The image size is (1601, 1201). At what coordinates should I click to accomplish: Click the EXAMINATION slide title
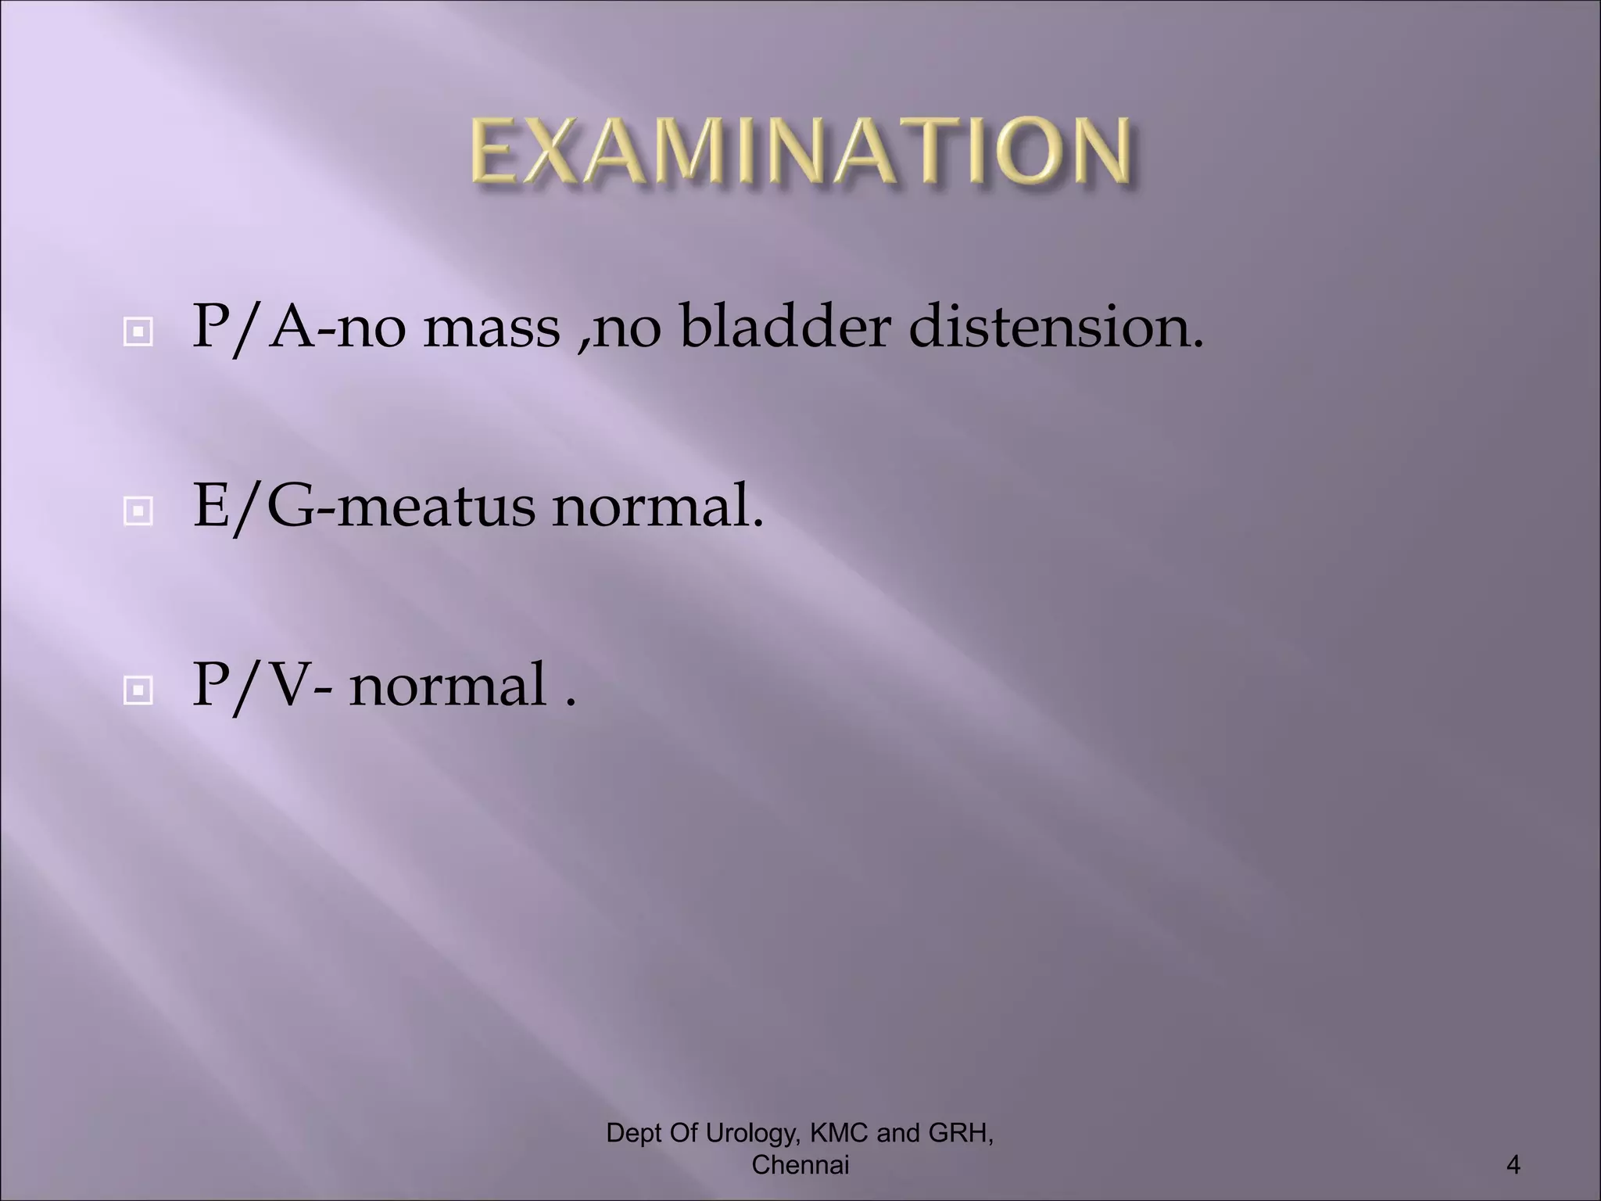click(800, 150)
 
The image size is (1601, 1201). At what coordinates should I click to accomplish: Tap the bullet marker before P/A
click(138, 333)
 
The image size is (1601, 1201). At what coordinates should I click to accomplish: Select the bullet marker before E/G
click(138, 512)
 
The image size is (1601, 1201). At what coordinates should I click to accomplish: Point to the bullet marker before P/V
click(138, 690)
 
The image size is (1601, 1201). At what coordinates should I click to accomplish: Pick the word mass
click(492, 327)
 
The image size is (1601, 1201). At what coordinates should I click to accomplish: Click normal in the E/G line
click(656, 507)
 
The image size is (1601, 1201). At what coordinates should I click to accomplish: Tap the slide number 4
click(1513, 1166)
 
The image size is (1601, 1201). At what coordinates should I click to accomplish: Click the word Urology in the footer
click(751, 1133)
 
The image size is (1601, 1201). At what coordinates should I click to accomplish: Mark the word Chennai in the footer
click(800, 1165)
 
